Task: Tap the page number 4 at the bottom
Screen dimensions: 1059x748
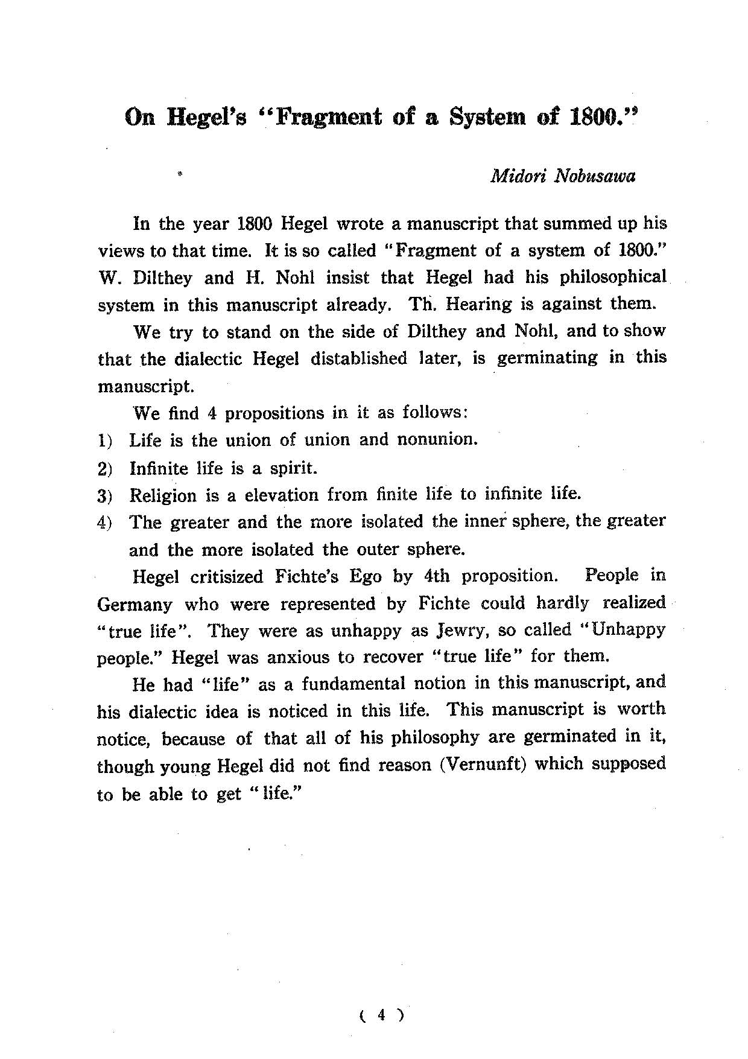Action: tap(381, 1015)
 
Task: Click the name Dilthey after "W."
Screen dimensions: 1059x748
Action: tap(162, 278)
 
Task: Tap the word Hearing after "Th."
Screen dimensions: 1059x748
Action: tap(478, 304)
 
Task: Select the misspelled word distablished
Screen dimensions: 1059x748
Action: tap(358, 358)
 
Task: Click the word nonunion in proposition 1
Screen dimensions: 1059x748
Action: tap(437, 439)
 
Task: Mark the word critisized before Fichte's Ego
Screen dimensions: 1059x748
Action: tap(229, 577)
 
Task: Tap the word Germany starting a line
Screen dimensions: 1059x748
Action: tap(135, 605)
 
